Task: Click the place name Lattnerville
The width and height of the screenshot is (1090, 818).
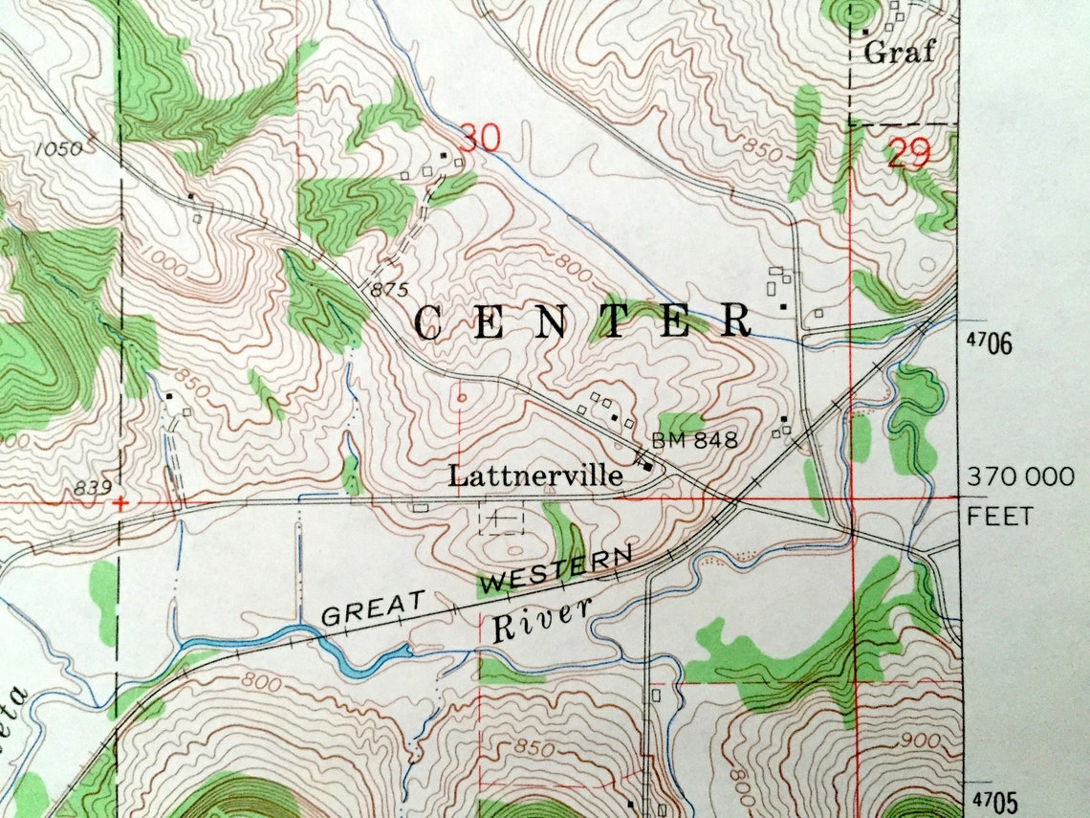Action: click(x=536, y=475)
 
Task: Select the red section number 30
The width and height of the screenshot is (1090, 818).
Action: click(x=479, y=139)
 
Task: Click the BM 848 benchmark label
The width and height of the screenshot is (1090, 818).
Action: click(x=695, y=441)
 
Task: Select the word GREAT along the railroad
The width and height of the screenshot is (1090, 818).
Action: click(x=373, y=608)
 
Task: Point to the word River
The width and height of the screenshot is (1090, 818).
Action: click(x=541, y=620)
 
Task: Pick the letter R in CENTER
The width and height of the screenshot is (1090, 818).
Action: click(x=736, y=321)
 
